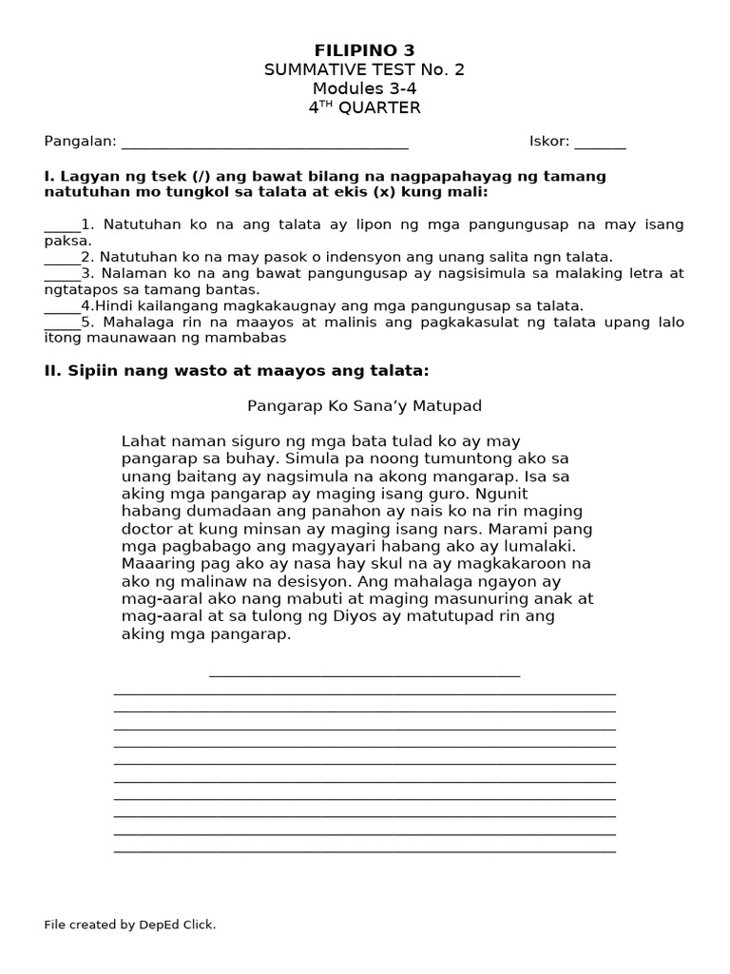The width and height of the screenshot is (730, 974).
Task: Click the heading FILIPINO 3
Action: (x=364, y=50)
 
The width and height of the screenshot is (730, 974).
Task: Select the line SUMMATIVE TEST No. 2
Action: (x=364, y=69)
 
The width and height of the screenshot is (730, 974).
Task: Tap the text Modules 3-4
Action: (x=364, y=88)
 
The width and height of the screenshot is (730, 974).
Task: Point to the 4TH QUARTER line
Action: (x=364, y=107)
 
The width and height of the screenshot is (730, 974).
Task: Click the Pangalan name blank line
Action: (x=265, y=145)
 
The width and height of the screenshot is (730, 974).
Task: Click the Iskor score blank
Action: (x=600, y=145)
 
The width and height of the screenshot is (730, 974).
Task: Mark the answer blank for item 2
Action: (x=62, y=260)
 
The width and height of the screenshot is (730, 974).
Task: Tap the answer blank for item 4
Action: (x=62, y=308)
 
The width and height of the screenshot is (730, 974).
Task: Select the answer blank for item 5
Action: (x=62, y=324)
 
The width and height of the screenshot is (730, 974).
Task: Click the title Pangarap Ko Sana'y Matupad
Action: (x=364, y=406)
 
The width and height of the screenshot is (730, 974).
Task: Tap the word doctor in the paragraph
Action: (x=148, y=529)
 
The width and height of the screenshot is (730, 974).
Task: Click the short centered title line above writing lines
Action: (x=364, y=673)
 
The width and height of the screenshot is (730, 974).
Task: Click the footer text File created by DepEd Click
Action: (x=130, y=925)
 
